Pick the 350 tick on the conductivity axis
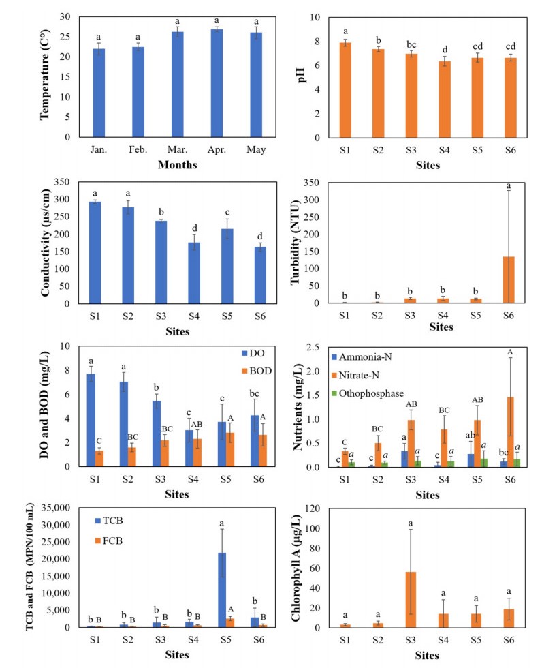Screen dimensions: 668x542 65,182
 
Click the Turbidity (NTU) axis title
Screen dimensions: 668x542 298,242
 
